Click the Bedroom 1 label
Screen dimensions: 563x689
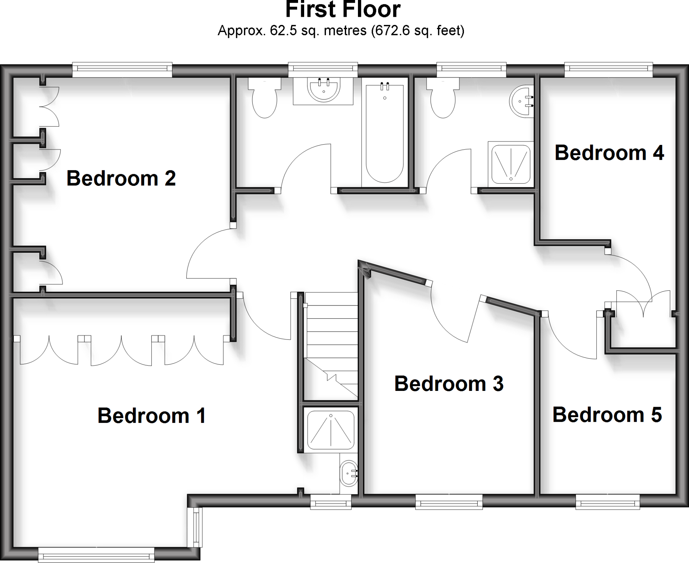(x=151, y=416)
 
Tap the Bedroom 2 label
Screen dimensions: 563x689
(x=121, y=178)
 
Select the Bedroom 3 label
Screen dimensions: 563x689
(x=449, y=384)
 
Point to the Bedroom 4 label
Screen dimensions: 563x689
(x=609, y=153)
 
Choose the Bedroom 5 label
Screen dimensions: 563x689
(x=607, y=415)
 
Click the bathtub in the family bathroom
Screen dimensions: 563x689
(x=385, y=133)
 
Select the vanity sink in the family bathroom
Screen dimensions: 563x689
(x=323, y=90)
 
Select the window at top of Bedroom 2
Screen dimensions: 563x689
(x=122, y=70)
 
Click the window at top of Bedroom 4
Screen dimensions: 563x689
(x=609, y=69)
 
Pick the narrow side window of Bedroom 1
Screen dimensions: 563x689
(x=195, y=527)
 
